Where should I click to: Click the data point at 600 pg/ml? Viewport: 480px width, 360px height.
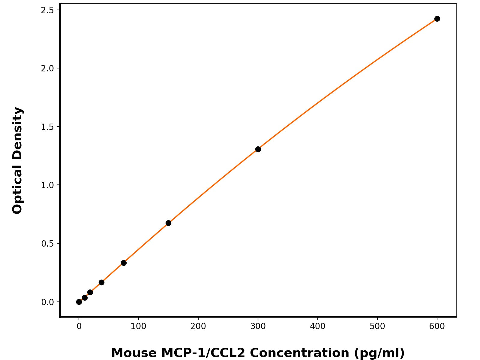437,19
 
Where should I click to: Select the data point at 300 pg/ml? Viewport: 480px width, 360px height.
258,149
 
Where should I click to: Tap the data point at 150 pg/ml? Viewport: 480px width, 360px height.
168,223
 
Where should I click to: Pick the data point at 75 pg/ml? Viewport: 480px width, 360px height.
124,263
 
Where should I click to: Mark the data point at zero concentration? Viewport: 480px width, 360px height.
79,302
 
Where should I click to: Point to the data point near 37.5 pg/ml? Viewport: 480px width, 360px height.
101,282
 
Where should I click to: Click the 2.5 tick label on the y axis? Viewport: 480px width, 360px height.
47,10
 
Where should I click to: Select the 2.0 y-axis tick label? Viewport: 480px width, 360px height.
47,68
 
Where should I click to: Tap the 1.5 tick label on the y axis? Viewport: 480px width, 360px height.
47,127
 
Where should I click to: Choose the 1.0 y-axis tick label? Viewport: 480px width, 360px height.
47,185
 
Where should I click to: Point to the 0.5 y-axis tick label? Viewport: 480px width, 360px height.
47,244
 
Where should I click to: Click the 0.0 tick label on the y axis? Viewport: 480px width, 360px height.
47,302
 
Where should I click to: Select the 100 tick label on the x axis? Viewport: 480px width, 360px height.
138,326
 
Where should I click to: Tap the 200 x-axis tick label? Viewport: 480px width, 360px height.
198,326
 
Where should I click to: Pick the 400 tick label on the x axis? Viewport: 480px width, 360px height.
317,326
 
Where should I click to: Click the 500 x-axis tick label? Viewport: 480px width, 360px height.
377,326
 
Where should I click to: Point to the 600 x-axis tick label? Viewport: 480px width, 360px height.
437,326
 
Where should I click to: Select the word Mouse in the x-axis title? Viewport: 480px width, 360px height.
134,353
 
